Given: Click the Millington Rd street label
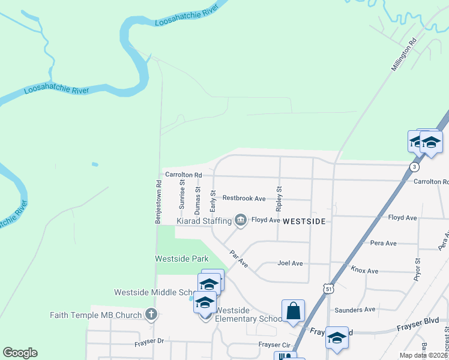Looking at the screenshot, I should point(403,56).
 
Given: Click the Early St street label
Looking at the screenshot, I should point(212,200).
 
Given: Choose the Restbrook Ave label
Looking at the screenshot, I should point(244,198).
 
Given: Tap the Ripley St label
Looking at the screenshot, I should point(279,199).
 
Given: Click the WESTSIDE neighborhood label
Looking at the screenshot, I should point(304,221).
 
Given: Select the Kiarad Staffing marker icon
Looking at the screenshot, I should point(241,221).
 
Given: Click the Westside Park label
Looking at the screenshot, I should point(181,259).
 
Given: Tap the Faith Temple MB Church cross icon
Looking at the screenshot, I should point(151,314).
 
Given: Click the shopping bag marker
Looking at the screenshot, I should point(293,311).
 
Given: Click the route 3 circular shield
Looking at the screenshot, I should point(414,167).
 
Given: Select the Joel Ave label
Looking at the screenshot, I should point(290,263).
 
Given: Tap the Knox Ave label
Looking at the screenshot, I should point(364,271).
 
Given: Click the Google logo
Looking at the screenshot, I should point(20,353).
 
